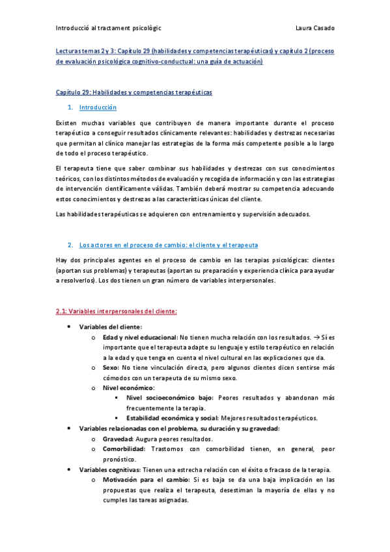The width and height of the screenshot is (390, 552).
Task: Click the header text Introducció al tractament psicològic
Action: pyautogui.click(x=109, y=28)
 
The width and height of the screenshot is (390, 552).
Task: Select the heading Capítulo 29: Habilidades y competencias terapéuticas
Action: pyautogui.click(x=133, y=92)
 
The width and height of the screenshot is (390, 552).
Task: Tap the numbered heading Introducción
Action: pyautogui.click(x=97, y=107)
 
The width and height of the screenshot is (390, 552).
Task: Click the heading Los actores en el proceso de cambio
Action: pyautogui.click(x=168, y=245)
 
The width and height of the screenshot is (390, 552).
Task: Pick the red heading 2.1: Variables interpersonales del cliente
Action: pyautogui.click(x=112, y=311)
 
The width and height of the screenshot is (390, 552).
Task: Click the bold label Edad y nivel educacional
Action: pyautogui.click(x=139, y=337)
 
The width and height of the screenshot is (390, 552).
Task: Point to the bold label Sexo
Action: pyautogui.click(x=110, y=367)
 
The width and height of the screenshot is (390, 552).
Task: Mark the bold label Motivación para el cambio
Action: pyautogui.click(x=141, y=480)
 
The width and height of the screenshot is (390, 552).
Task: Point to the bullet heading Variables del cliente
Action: pyautogui.click(x=110, y=327)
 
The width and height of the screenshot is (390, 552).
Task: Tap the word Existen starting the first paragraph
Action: pyautogui.click(x=66, y=122)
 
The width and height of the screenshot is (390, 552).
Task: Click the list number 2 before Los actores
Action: pyautogui.click(x=70, y=245)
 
